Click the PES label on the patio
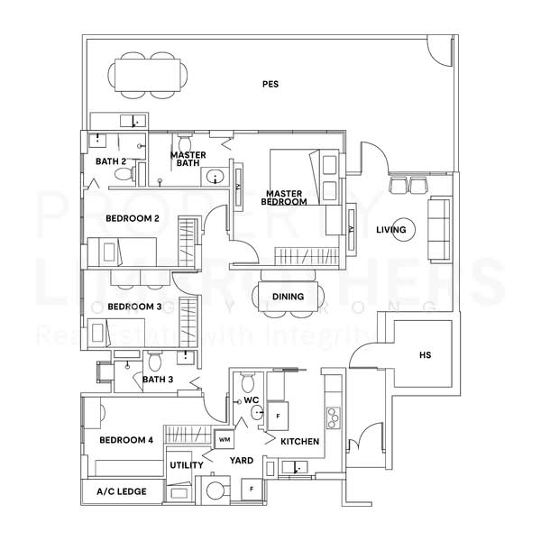pyautogui.click(x=270, y=85)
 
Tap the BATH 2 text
pyautogui.click(x=110, y=161)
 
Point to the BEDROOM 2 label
pyautogui.click(x=132, y=218)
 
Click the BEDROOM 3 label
pyautogui.click(x=133, y=307)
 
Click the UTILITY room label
pyautogui.click(x=187, y=465)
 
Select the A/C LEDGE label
pyautogui.click(x=121, y=493)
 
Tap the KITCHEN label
pyautogui.click(x=298, y=443)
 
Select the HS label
pyautogui.click(x=425, y=355)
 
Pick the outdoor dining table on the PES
pyautogui.click(x=143, y=75)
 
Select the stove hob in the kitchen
pyautogui.click(x=333, y=417)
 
